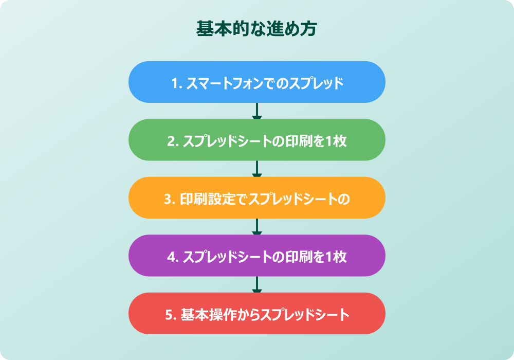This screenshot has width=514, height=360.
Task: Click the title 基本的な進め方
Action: click(257, 28)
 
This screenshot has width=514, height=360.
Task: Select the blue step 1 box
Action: click(257, 82)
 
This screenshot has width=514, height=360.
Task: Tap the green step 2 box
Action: click(257, 140)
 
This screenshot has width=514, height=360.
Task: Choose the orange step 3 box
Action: click(257, 198)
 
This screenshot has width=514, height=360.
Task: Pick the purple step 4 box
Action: click(257, 256)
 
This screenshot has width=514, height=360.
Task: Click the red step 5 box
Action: click(257, 314)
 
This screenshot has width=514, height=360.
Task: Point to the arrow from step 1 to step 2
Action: click(257, 111)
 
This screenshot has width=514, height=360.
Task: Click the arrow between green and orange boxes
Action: click(257, 169)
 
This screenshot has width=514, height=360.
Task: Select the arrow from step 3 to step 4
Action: click(257, 227)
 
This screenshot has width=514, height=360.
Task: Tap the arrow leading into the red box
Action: click(257, 284)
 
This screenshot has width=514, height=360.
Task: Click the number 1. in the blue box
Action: click(176, 83)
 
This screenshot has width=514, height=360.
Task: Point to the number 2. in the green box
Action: click(173, 141)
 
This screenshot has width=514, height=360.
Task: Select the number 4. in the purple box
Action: click(173, 257)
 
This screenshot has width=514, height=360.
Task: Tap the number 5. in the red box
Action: click(171, 315)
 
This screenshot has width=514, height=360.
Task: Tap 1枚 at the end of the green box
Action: click(336, 141)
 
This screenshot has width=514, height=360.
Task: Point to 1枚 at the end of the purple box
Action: click(336, 257)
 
